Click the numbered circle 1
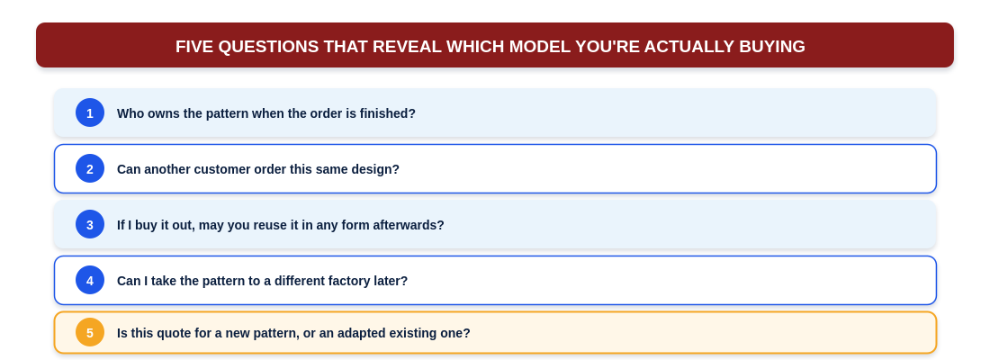(x=90, y=112)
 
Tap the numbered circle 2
(x=90, y=168)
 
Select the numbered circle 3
(x=90, y=224)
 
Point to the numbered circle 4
(x=90, y=280)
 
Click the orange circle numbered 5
(x=90, y=332)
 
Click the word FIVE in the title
(x=194, y=47)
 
